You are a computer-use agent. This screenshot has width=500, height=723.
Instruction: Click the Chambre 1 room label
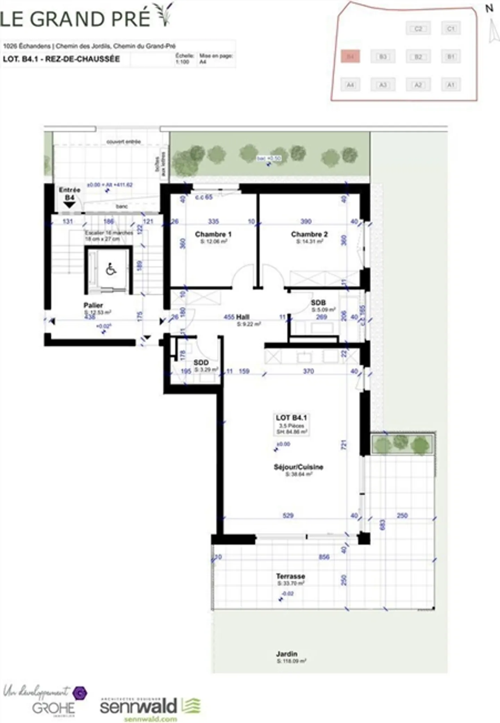[213, 234]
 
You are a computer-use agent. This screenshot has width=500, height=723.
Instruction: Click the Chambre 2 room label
[309, 234]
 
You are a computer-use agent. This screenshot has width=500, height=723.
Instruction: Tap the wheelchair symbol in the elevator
[111, 269]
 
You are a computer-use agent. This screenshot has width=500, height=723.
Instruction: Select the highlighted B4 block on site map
[350, 56]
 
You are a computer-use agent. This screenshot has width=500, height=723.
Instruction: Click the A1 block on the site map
[451, 85]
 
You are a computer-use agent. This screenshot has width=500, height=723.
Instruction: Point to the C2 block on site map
[418, 28]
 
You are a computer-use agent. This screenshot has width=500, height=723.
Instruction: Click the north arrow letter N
[489, 8]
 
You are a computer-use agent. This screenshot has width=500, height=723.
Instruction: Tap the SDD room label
[201, 363]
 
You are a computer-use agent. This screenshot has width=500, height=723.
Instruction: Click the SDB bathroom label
[318, 303]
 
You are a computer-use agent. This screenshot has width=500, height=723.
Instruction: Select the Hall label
[242, 317]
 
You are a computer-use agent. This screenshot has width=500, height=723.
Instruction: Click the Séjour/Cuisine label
[298, 467]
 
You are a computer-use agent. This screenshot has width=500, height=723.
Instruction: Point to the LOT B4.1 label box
[291, 424]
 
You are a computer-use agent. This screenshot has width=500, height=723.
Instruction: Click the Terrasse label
[291, 576]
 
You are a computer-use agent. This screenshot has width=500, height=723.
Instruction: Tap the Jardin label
[286, 654]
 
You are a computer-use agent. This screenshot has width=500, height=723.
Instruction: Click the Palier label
[93, 305]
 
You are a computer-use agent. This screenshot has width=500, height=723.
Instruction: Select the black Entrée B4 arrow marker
[69, 205]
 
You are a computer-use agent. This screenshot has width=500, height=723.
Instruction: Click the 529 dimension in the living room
[288, 516]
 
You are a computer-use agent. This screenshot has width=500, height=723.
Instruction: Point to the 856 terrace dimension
[324, 557]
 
